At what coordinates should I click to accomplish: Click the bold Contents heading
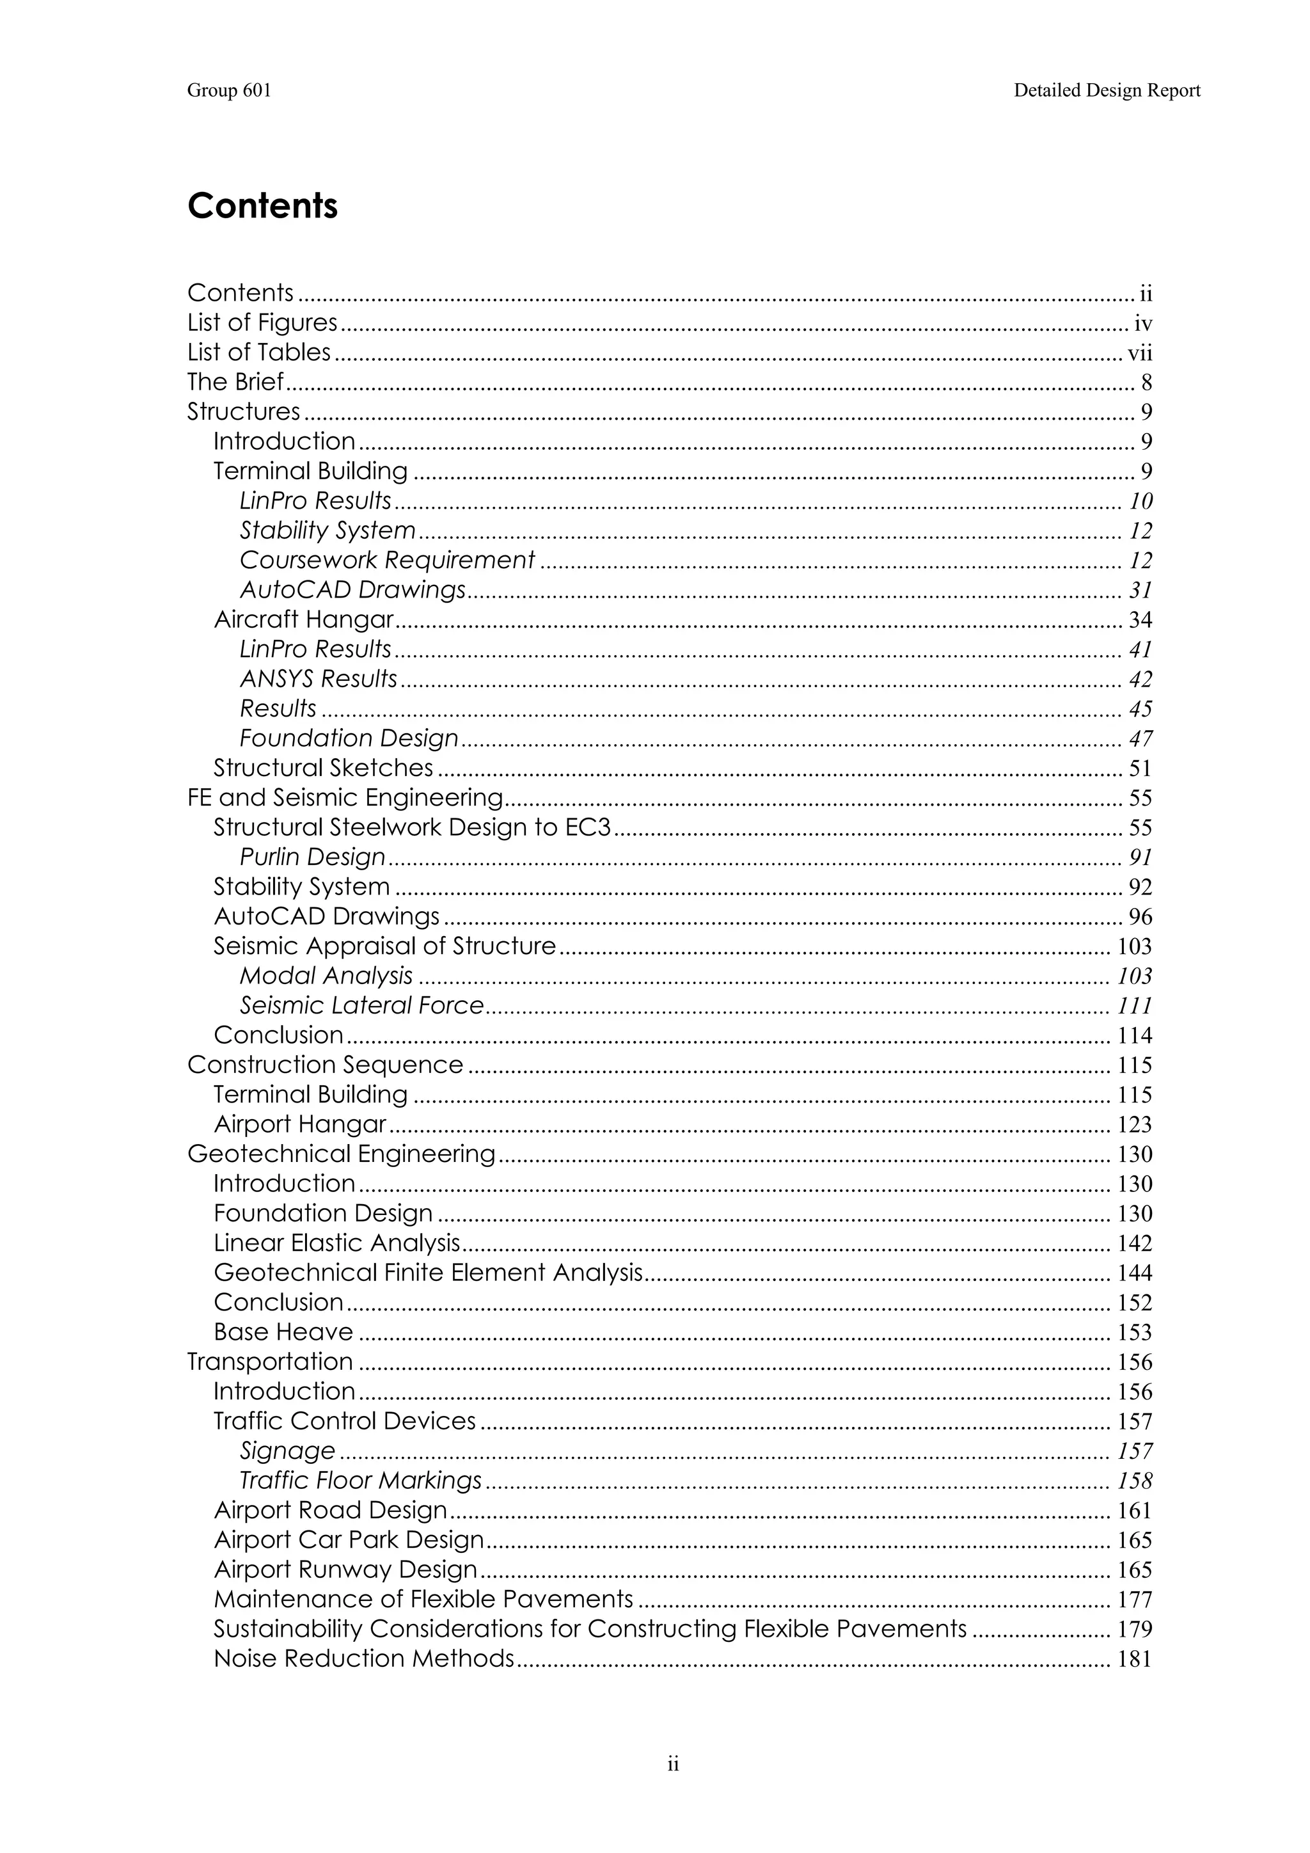262,206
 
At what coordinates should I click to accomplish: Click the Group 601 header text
229,90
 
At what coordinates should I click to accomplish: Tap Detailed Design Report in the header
1107,90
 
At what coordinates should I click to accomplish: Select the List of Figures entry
262,323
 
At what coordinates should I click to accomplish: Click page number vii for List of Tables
1139,353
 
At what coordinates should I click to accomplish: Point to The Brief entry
235,382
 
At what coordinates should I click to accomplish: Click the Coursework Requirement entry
387,560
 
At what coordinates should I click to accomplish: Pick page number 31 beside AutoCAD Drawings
1140,591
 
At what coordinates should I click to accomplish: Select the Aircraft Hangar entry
303,620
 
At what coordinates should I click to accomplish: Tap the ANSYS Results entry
319,679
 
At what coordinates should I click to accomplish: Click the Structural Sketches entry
322,768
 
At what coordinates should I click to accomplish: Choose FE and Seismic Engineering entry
345,797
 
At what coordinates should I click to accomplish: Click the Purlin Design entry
312,857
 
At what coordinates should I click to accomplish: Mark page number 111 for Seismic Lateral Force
1134,1006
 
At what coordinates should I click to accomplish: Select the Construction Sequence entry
325,1065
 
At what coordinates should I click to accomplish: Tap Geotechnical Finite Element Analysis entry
427,1273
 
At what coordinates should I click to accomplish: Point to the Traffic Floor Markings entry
361,1481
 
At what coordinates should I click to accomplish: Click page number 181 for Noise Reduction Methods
1134,1659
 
